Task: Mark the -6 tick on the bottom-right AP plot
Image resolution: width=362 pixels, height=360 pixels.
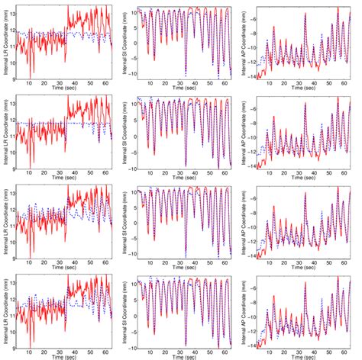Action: tap(256, 289)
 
